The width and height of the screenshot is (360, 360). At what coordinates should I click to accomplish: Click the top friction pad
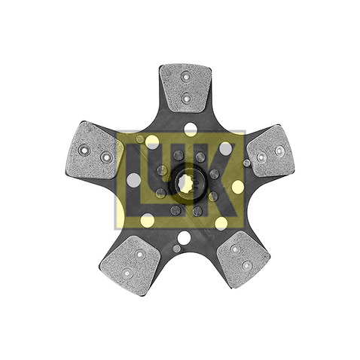point(185,87)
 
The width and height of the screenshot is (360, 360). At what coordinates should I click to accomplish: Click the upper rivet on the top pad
point(186,76)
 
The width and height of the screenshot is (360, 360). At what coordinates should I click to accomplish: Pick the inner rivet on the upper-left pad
point(106,157)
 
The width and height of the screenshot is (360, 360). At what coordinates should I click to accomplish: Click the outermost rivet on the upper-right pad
point(279,151)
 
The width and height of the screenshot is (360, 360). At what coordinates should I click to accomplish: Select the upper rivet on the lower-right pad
point(235,249)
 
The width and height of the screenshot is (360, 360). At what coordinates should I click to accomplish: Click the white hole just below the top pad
point(191,129)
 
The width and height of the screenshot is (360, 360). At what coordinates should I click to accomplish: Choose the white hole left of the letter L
point(133,181)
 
